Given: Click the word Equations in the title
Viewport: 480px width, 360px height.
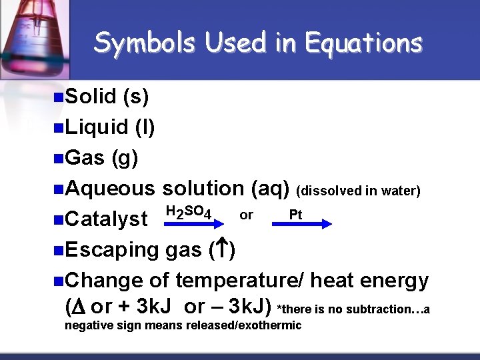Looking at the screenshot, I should coord(363,43).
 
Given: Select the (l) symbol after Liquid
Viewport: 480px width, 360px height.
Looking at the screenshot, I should coord(145,127).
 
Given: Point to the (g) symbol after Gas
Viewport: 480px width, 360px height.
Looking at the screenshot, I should coord(125,157).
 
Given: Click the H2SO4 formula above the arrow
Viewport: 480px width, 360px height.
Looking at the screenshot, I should coord(189,213).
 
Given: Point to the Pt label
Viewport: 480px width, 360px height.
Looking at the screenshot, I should coord(295,215).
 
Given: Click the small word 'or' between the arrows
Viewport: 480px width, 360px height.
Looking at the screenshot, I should coord(246,215).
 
